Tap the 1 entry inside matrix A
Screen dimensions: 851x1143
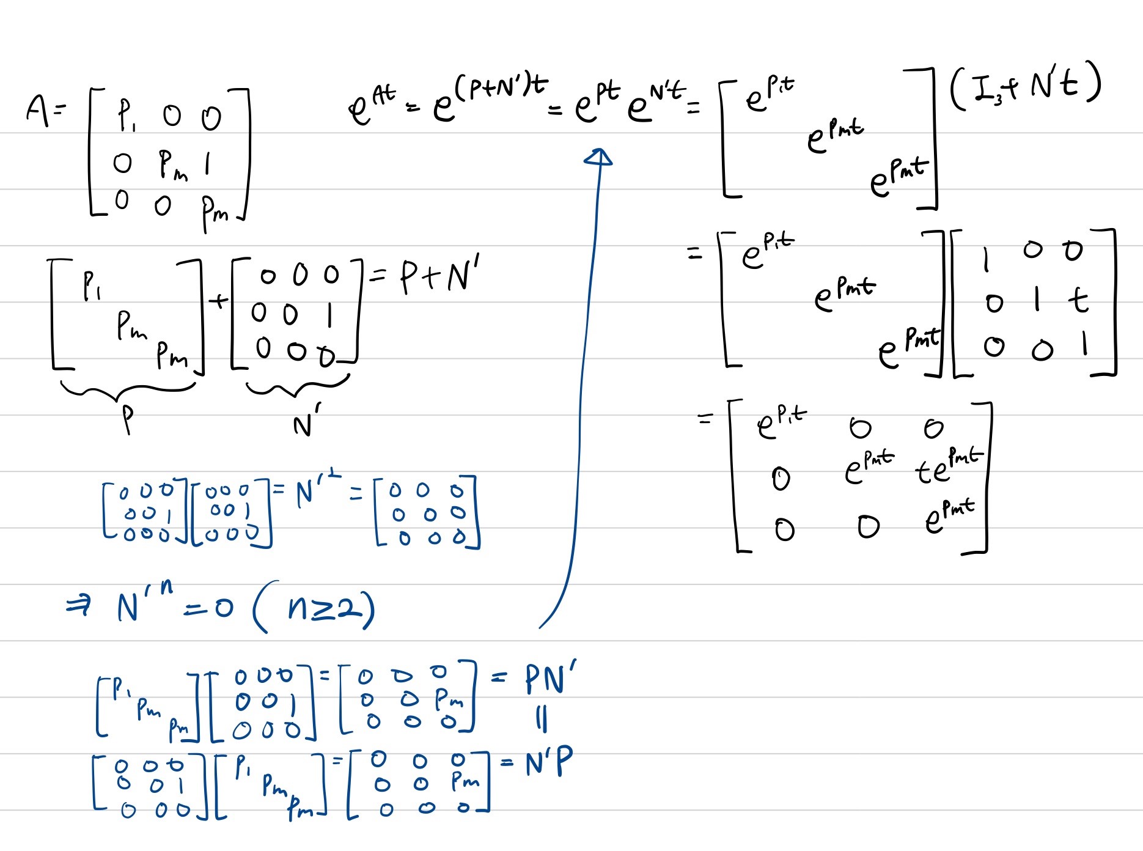(x=207, y=164)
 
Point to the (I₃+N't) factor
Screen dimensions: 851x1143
(x=1026, y=89)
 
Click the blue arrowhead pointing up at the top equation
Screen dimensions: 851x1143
(x=598, y=157)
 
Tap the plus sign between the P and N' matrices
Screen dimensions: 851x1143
(x=218, y=301)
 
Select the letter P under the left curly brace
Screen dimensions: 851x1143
(x=127, y=419)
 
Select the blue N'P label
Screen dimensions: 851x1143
(x=548, y=763)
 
